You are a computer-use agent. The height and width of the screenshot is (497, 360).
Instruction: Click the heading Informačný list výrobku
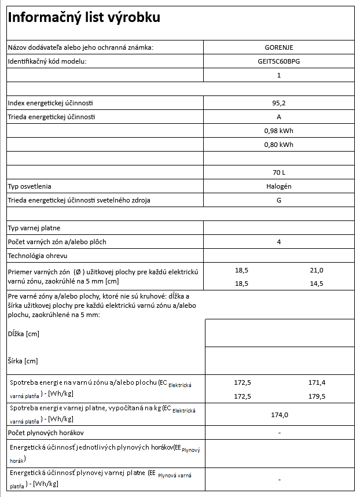coord(83,18)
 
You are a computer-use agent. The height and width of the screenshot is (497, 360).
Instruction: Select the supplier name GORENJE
coord(278,47)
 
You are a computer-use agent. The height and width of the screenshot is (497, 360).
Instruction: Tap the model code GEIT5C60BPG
coord(278,61)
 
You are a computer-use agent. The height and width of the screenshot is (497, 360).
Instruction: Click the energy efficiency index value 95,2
coord(278,103)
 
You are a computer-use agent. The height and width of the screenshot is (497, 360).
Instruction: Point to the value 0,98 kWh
coord(278,131)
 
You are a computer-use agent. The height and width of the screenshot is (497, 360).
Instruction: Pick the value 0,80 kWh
coord(278,145)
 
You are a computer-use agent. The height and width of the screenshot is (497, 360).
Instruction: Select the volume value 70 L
coord(278,172)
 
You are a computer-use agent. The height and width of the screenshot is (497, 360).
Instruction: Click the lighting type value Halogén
coord(278,186)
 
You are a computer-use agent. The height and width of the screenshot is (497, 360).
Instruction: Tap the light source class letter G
coord(278,200)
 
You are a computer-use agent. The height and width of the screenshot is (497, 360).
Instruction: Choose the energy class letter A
coord(278,117)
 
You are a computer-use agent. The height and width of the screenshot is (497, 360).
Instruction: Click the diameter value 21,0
coord(317,270)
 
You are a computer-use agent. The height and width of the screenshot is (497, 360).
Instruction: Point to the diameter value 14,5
coord(317,284)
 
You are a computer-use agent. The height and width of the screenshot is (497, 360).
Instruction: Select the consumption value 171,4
coord(317,383)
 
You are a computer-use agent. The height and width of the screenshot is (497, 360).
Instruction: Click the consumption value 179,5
coord(317,396)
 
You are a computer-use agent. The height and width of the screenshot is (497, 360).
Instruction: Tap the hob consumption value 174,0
coord(279,415)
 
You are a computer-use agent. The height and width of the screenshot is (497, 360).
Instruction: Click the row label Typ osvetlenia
coord(30,186)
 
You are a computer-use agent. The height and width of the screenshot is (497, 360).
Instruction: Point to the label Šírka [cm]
coord(23,361)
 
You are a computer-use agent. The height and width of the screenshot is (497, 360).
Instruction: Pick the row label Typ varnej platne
coord(34,228)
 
